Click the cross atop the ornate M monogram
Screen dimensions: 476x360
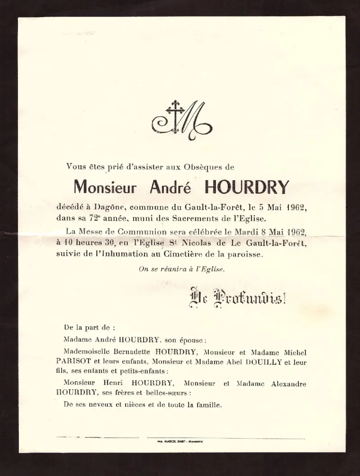tap(173, 109)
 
